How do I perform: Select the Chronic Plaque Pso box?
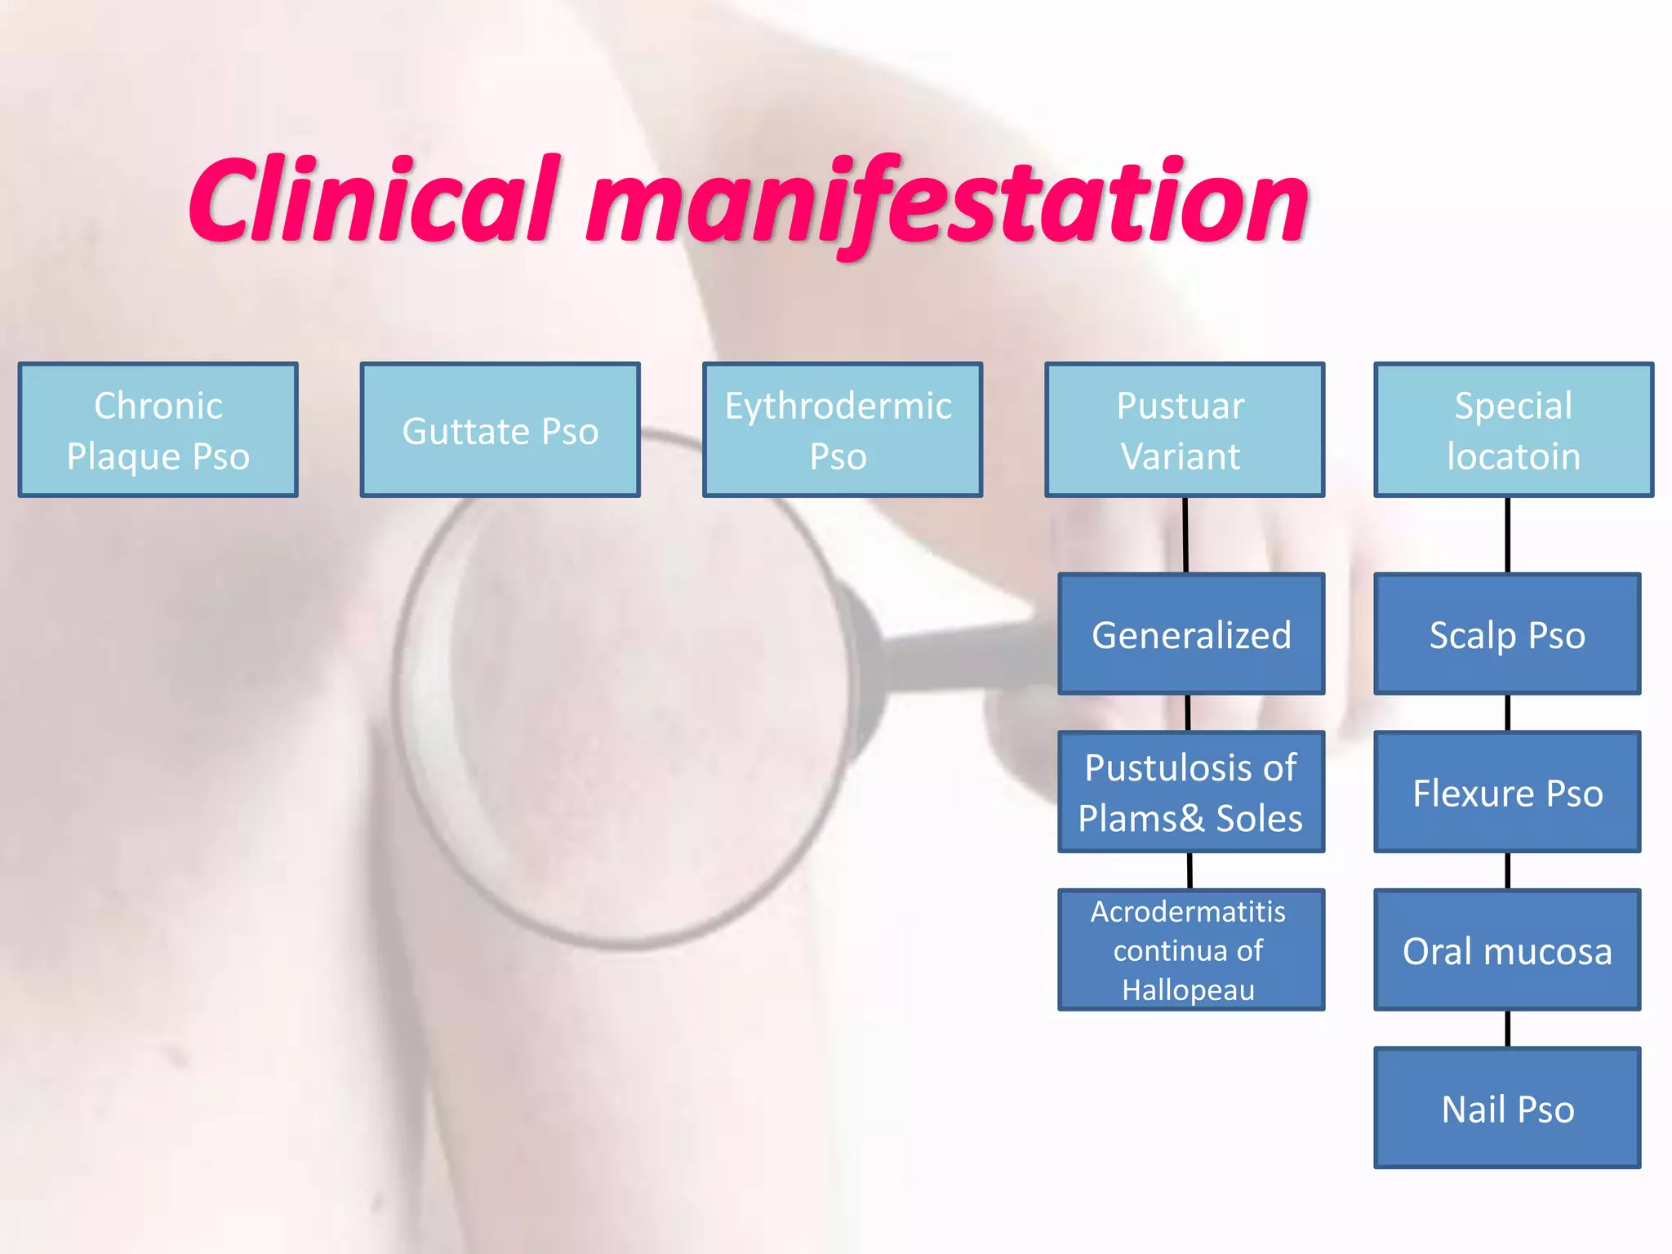pyautogui.click(x=158, y=430)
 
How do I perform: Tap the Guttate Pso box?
pyautogui.click(x=500, y=430)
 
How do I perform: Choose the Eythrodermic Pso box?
pyautogui.click(x=842, y=430)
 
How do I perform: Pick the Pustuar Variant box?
pyautogui.click(x=1184, y=430)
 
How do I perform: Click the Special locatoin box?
pyautogui.click(x=1514, y=430)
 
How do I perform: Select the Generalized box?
pyautogui.click(x=1191, y=634)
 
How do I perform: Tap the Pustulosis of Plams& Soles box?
pyautogui.click(x=1191, y=792)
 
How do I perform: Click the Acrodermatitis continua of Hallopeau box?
pyautogui.click(x=1191, y=949)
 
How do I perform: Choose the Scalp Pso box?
pyautogui.click(x=1507, y=634)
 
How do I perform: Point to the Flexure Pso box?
pyautogui.click(x=1507, y=792)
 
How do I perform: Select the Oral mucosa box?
pyautogui.click(x=1507, y=949)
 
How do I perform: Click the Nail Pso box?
pyautogui.click(x=1507, y=1108)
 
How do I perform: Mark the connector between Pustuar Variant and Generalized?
pyautogui.click(x=1185, y=535)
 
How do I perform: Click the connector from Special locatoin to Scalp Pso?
pyautogui.click(x=1507, y=535)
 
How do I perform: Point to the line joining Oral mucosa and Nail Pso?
pyautogui.click(x=1507, y=1029)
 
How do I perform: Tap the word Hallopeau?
pyautogui.click(x=1188, y=989)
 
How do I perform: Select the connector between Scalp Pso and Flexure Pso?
pyautogui.click(x=1507, y=713)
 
